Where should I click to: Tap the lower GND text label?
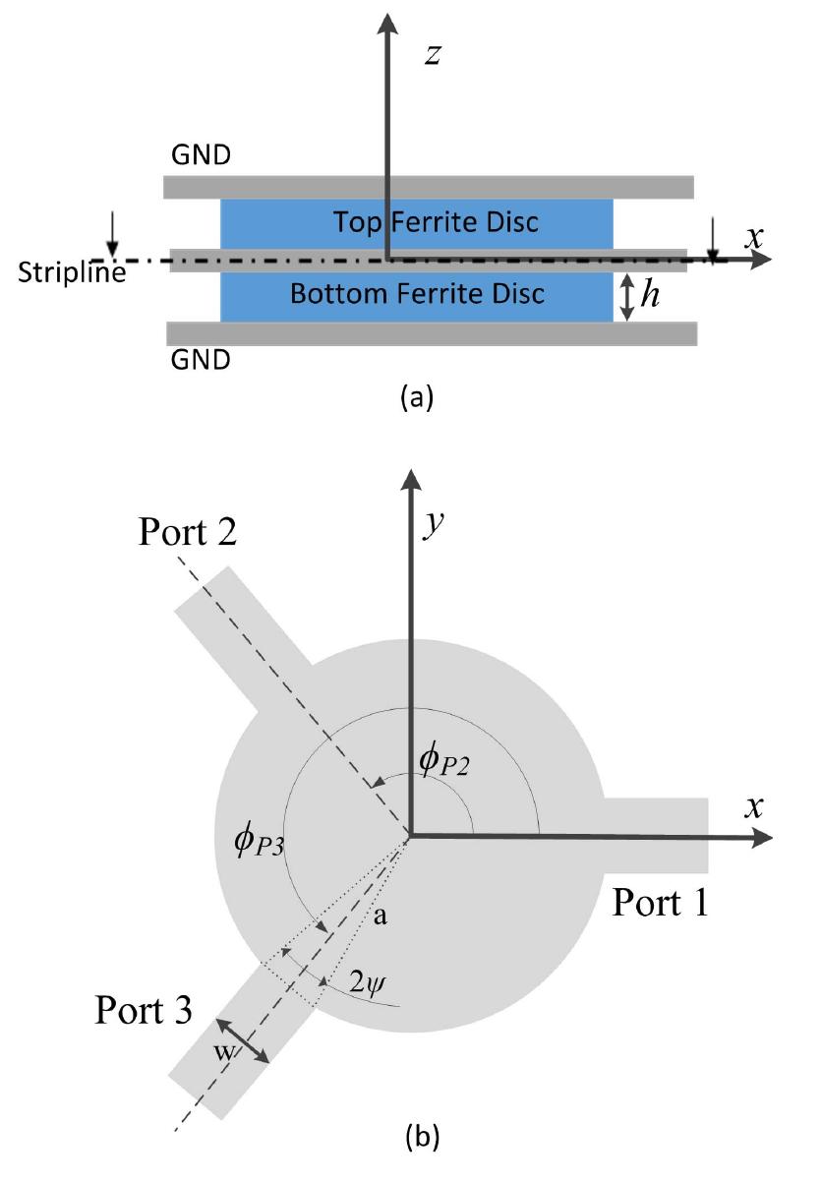coord(201,361)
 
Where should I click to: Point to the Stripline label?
coord(71,272)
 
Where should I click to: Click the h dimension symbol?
coord(651,296)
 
